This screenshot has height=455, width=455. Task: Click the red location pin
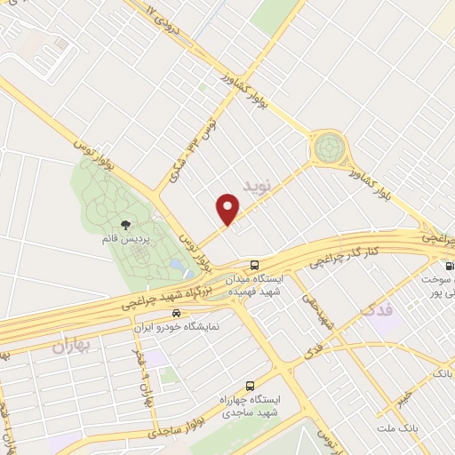click(x=228, y=209)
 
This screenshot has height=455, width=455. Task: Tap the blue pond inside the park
click(x=177, y=265)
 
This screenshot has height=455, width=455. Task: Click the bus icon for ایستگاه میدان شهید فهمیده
click(x=254, y=265)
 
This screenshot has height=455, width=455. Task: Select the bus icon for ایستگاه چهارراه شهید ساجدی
click(x=250, y=387)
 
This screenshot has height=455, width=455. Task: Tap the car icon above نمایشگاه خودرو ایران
click(x=176, y=314)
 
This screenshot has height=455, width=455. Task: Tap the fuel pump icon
click(x=449, y=266)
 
